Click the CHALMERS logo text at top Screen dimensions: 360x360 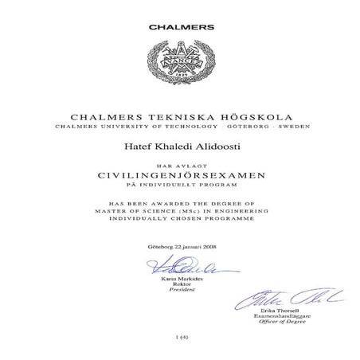(x=181, y=26)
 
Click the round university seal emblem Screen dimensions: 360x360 (x=180, y=65)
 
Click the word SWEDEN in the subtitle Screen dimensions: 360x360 (x=292, y=127)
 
